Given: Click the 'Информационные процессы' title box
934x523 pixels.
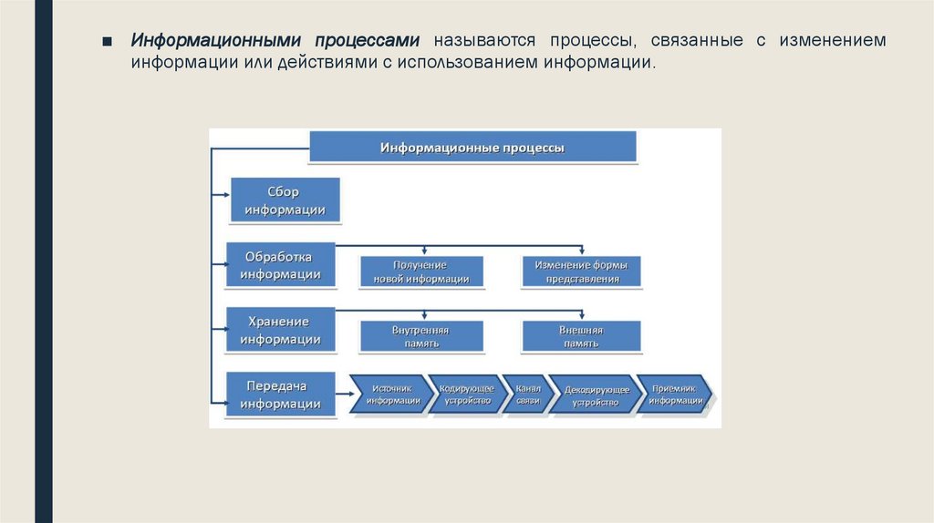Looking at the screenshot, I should click(472, 148).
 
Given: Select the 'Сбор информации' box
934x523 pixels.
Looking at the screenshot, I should click(284, 200).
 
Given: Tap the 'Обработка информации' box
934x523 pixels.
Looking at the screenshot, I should click(280, 264).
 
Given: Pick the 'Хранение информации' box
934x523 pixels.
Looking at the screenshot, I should click(280, 330).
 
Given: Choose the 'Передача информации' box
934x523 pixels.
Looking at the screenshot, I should click(280, 395).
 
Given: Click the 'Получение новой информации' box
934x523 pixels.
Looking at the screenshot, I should click(421, 272).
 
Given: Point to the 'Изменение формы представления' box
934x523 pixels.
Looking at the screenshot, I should click(582, 272).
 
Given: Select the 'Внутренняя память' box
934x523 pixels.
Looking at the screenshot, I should click(421, 336).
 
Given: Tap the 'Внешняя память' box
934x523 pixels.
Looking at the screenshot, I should click(581, 336).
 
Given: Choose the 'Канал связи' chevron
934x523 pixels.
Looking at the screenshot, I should click(527, 394).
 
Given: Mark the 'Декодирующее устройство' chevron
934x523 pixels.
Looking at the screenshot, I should click(595, 395).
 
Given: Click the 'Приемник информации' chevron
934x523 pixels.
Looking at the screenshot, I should click(673, 394).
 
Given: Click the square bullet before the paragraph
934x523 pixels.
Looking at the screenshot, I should click(107, 43).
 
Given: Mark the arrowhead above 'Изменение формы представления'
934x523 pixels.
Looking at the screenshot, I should click(582, 251).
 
